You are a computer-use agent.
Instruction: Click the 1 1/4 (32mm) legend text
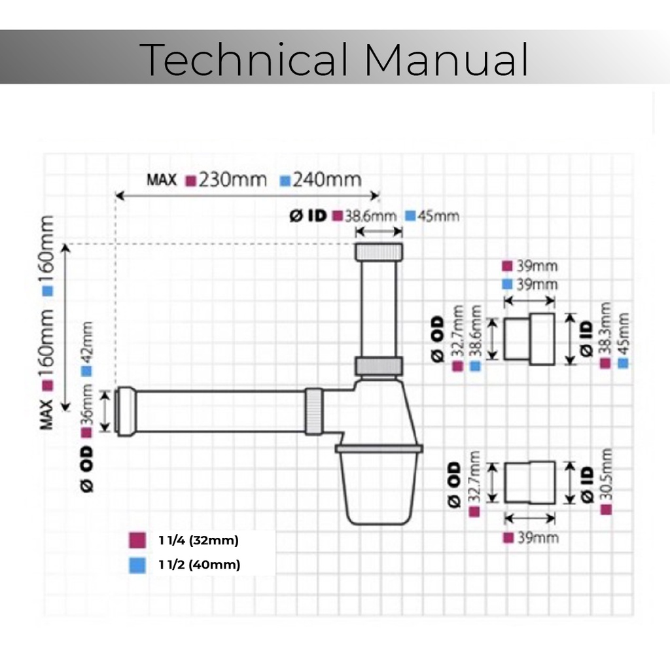(x=198, y=540)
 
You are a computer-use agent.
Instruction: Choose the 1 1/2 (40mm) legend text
(x=199, y=565)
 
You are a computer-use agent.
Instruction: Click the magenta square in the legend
(x=137, y=540)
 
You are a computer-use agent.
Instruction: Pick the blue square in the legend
(x=137, y=565)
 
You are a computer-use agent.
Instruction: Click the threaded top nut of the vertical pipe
(x=378, y=252)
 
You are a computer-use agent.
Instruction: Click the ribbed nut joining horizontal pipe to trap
(x=314, y=411)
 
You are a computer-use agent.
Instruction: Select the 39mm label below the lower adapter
(x=538, y=538)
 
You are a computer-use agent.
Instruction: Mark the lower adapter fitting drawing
(x=530, y=483)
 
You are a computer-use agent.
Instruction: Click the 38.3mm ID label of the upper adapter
(x=605, y=330)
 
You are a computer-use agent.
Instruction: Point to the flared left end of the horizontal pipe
(x=126, y=410)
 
